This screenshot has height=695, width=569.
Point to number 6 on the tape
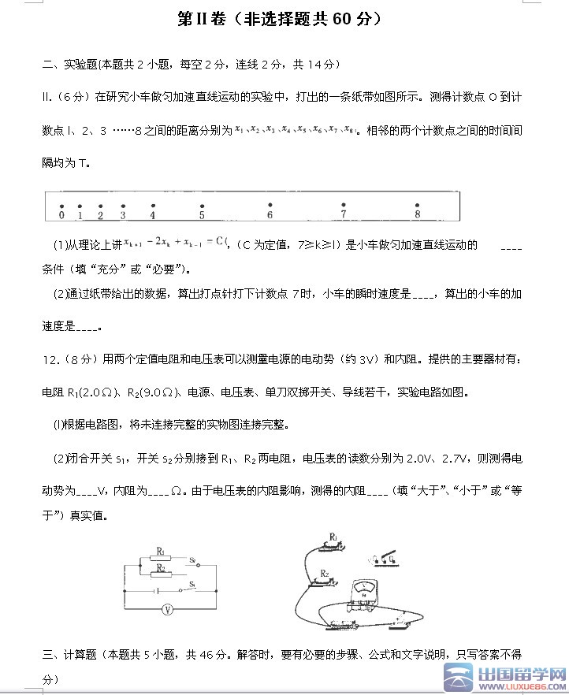270,214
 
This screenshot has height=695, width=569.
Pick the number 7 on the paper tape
343,214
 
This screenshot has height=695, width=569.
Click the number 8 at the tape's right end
417,214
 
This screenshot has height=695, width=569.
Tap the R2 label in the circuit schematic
161,568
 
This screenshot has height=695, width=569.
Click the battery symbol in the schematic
157,591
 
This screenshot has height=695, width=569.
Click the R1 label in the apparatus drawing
334,537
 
